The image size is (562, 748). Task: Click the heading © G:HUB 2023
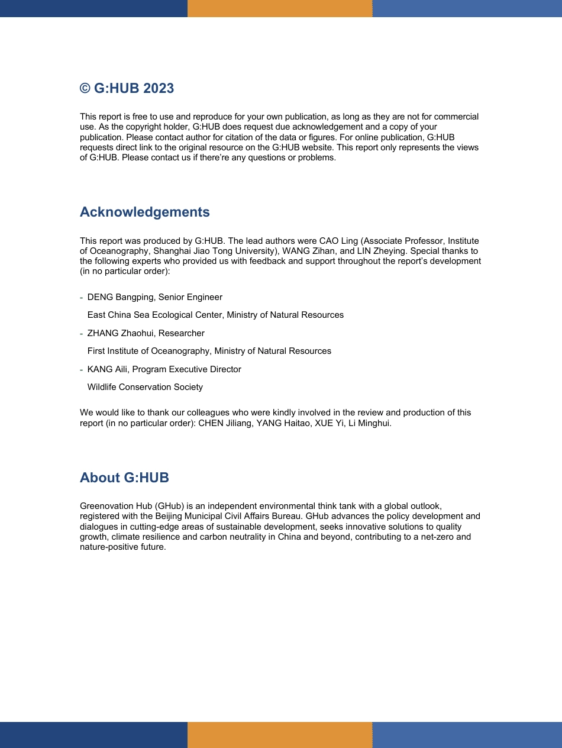point(127,89)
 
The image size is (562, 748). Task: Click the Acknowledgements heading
point(144,212)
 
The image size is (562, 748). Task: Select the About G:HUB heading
point(124,478)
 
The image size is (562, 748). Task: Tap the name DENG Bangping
point(120,297)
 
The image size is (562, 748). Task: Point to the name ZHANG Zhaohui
point(120,333)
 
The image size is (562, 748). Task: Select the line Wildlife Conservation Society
point(145,387)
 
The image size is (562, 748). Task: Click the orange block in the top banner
point(280,8)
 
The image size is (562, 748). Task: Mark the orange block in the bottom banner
point(280,734)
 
